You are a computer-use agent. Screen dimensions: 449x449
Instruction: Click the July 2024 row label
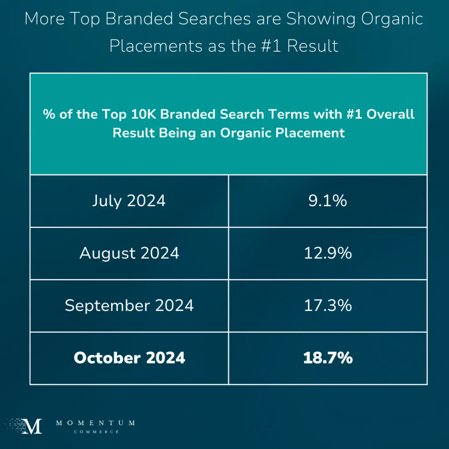click(x=129, y=201)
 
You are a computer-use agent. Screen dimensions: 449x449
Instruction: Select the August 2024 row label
click(x=129, y=253)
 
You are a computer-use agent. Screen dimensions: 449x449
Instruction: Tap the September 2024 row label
click(x=129, y=306)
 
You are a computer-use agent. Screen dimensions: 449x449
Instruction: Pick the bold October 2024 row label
click(x=129, y=358)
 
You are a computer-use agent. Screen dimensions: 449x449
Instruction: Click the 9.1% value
click(x=328, y=201)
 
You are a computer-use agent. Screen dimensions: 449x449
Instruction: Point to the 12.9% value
click(x=328, y=253)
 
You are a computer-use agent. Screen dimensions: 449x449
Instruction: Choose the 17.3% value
click(x=328, y=306)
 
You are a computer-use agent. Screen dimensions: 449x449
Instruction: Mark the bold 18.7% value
click(x=328, y=358)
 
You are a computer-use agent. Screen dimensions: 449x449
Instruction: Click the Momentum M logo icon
click(x=33, y=426)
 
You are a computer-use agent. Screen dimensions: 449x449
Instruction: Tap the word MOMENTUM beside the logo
click(x=95, y=423)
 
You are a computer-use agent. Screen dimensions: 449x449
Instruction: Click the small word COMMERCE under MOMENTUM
click(x=95, y=432)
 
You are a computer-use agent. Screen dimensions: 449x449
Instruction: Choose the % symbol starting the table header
click(x=47, y=115)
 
